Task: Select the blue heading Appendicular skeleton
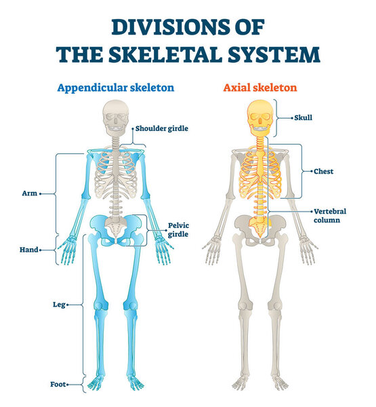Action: coord(115,88)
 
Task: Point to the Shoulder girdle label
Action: coord(161,128)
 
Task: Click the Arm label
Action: coord(28,193)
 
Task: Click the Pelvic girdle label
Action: coord(177,229)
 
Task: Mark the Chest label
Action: coord(323,172)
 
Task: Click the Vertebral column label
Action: coord(329,216)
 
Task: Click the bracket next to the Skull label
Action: coord(276,117)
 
